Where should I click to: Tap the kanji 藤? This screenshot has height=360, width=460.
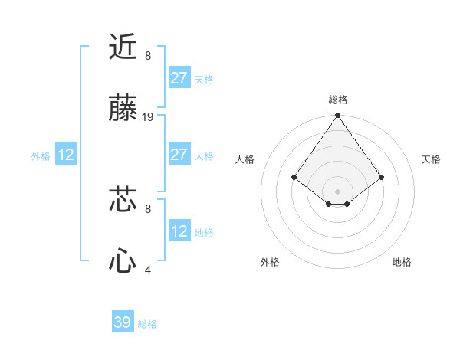point(123,110)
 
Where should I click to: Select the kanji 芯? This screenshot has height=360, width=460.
point(123,200)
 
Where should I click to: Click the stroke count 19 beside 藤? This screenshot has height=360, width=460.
point(149,117)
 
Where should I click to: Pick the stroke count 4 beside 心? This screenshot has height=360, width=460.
point(148,270)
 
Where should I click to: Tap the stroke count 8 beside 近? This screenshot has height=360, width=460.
point(148,55)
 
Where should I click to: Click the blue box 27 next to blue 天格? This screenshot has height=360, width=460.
point(179,78)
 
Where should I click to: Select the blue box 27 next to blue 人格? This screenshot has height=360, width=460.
point(179,155)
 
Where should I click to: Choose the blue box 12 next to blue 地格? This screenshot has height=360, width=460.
point(179,231)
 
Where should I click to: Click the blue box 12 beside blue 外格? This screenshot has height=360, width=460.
point(66,155)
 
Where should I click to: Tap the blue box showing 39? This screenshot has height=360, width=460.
point(123,322)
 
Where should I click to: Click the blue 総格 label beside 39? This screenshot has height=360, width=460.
point(147,324)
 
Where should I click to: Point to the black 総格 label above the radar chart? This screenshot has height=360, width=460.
point(337,100)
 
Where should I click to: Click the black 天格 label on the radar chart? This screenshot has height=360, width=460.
point(431,159)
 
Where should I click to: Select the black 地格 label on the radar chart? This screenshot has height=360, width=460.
point(402,262)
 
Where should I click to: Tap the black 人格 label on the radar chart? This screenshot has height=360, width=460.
point(245,159)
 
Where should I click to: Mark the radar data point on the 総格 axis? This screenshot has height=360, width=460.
point(337,116)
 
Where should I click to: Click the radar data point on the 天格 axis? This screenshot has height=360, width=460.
point(382,177)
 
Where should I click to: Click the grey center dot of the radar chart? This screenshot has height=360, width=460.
point(337,191)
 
